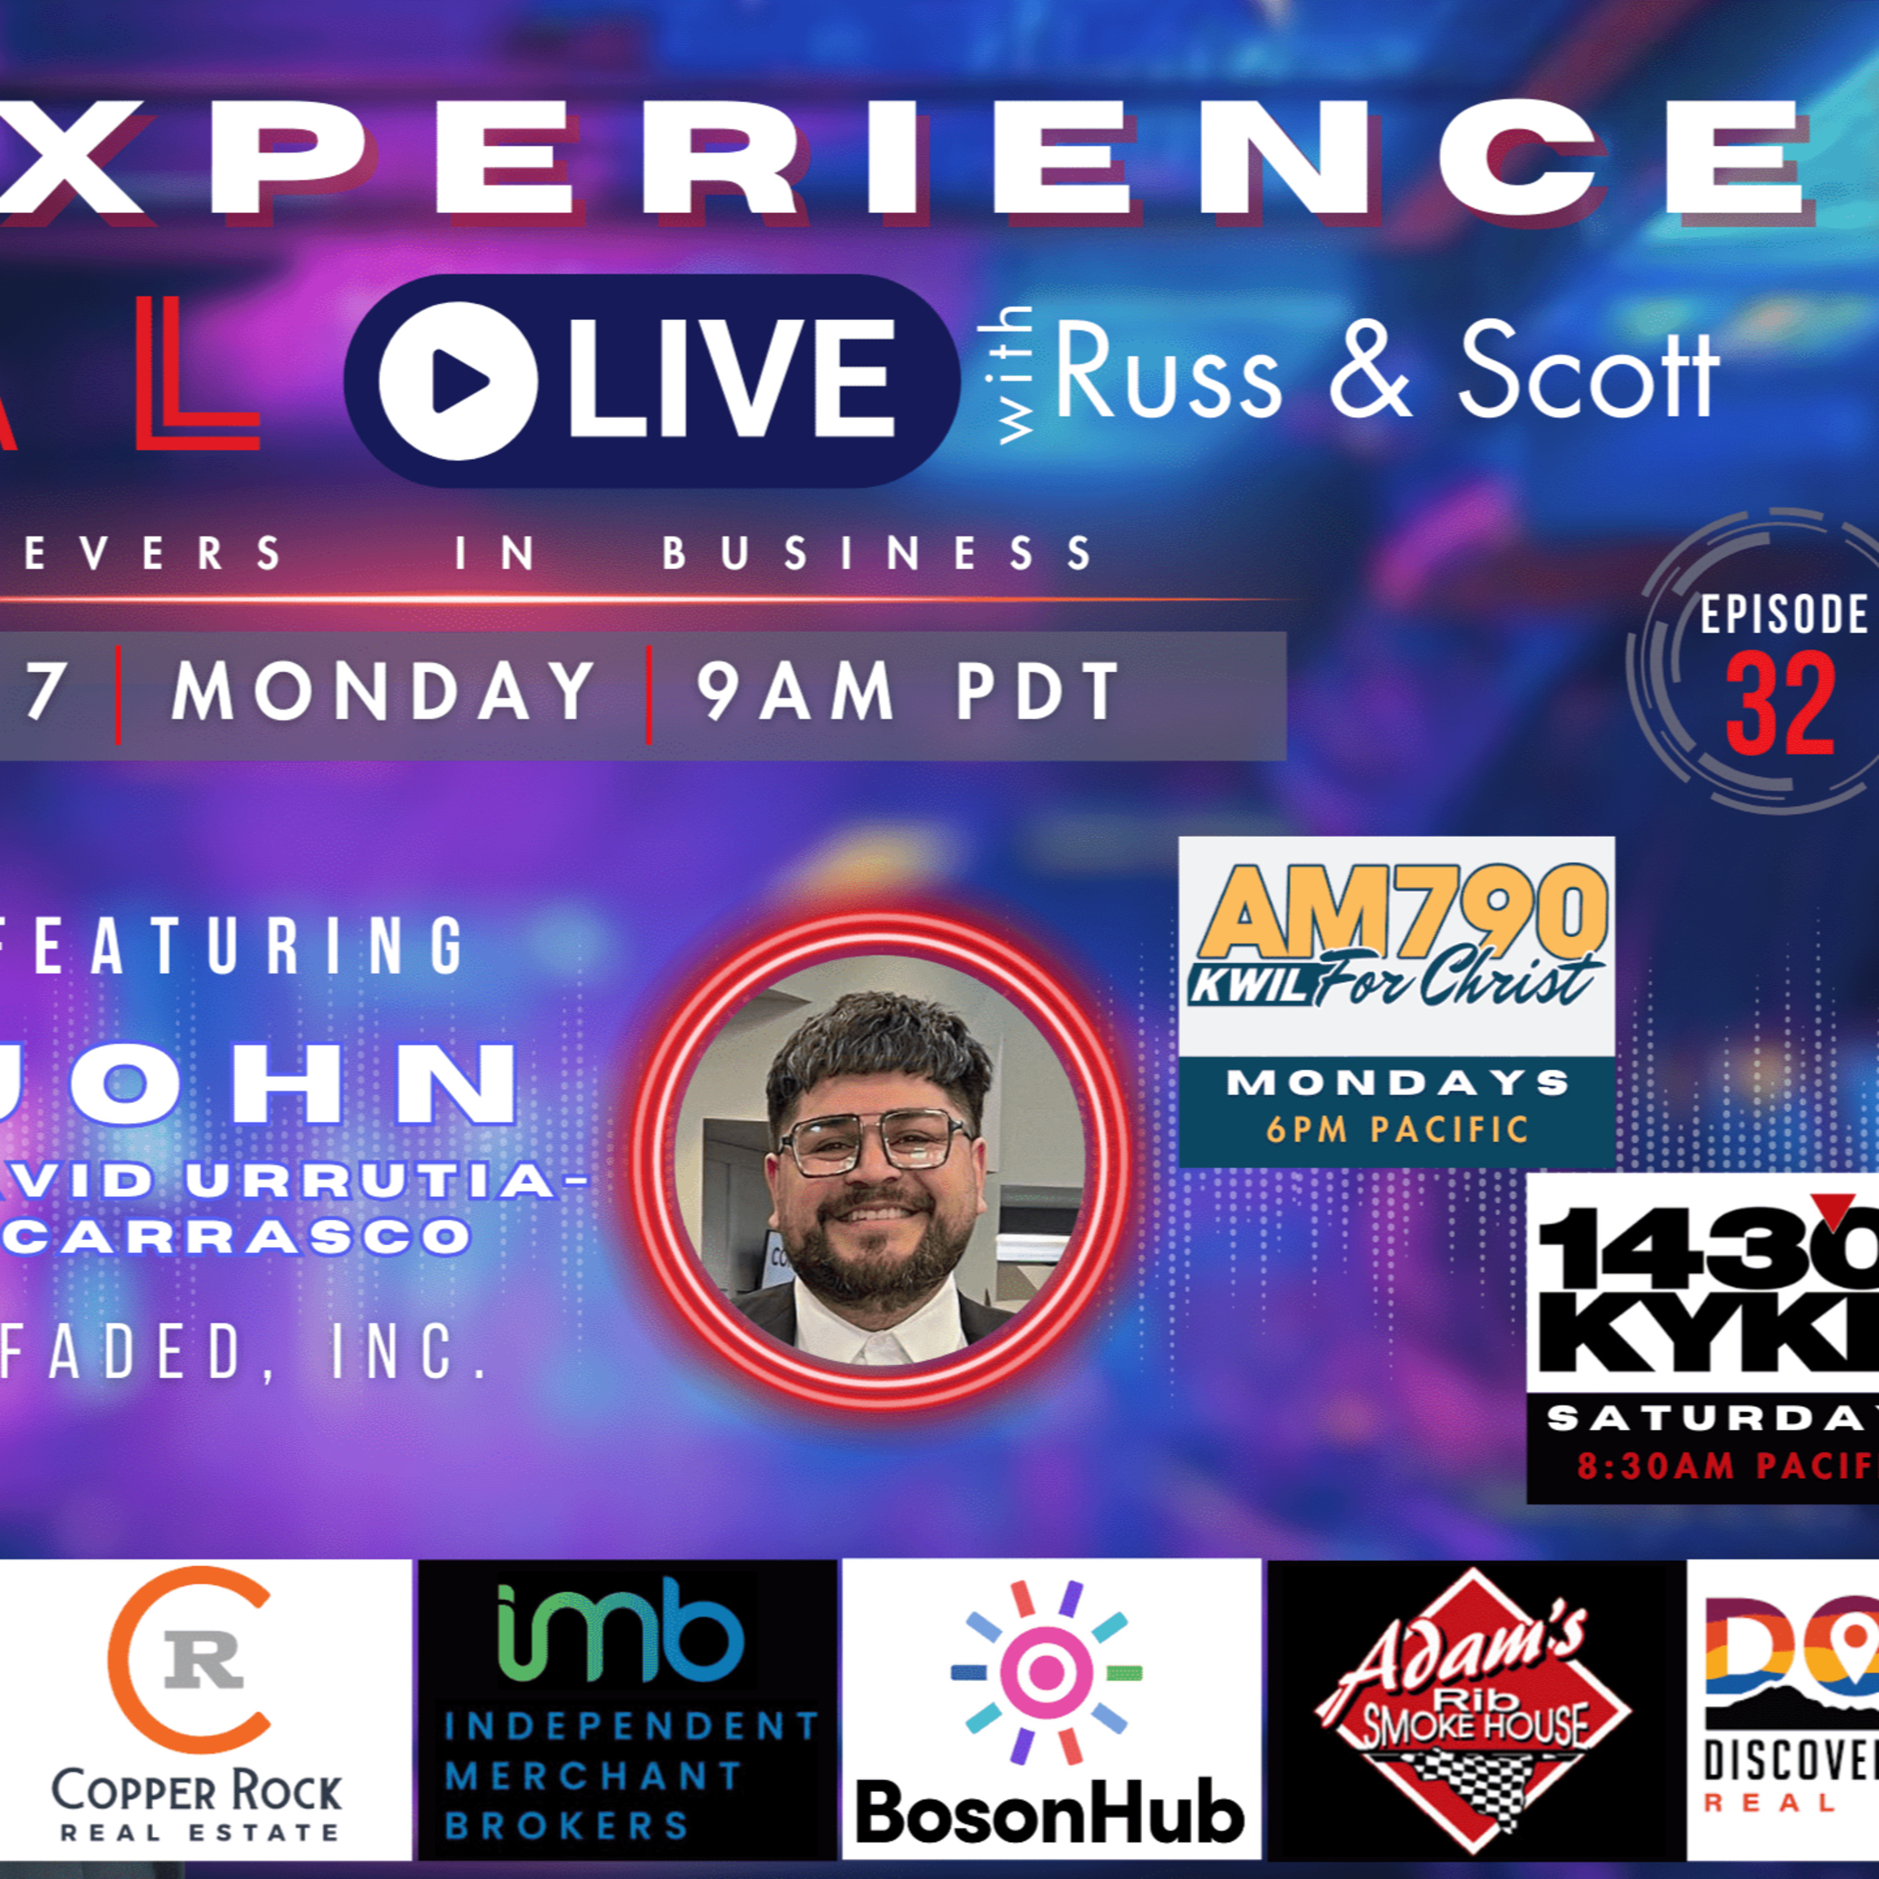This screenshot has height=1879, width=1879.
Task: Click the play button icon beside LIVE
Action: (457, 382)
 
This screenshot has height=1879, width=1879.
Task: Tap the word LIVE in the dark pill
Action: (730, 382)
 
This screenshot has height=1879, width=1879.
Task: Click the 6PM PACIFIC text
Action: (1397, 1129)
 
